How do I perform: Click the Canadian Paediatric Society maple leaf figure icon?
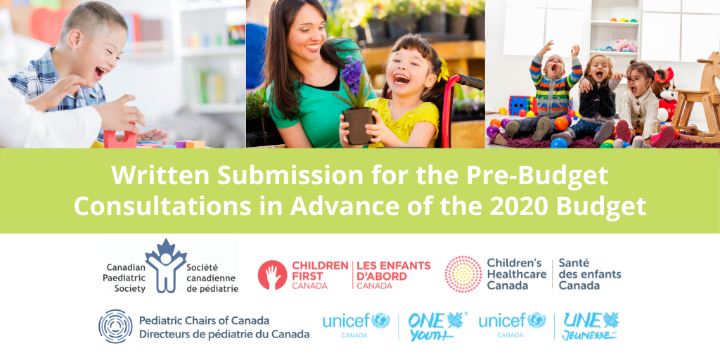(x=165, y=265)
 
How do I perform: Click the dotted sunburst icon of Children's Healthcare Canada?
(x=463, y=274)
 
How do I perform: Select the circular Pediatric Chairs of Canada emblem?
(x=115, y=326)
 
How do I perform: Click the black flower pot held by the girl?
(x=358, y=124)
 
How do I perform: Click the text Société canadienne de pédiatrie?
(x=212, y=278)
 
